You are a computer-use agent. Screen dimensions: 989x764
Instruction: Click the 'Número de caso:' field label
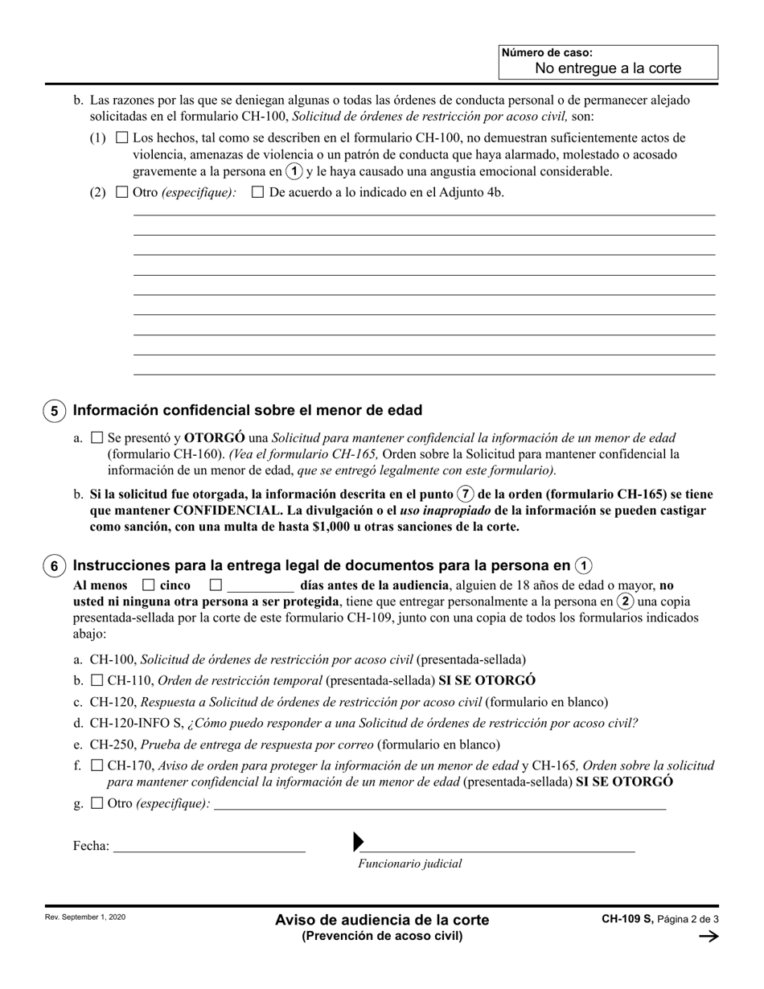click(x=547, y=53)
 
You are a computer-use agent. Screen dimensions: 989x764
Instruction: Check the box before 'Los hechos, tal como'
click(x=122, y=137)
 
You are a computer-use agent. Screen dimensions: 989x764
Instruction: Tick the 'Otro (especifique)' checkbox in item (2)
click(x=122, y=192)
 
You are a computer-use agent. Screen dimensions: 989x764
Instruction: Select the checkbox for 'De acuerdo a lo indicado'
click(x=258, y=192)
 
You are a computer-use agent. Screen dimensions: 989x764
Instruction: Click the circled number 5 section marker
click(x=54, y=412)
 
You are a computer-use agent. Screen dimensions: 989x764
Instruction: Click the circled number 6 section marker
click(x=54, y=566)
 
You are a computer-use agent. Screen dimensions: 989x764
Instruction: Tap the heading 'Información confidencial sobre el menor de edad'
click(x=248, y=410)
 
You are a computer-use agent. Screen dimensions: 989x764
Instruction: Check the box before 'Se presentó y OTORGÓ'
click(x=97, y=438)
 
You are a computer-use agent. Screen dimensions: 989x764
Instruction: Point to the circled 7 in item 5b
click(x=464, y=494)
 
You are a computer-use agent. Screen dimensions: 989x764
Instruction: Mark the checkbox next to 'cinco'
click(x=148, y=585)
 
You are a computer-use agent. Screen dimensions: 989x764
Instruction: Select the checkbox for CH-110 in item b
click(x=97, y=680)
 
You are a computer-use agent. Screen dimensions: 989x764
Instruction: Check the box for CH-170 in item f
click(x=97, y=765)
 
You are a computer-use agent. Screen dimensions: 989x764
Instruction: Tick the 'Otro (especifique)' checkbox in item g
click(x=97, y=802)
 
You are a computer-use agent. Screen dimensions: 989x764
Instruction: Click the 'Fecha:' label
click(x=91, y=846)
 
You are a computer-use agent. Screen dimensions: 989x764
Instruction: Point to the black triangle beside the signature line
click(x=359, y=842)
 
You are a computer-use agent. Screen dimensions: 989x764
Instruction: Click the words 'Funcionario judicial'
click(x=410, y=864)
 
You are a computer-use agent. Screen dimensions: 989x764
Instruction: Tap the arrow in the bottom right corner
click(x=709, y=936)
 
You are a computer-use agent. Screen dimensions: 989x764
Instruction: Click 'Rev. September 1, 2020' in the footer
click(x=84, y=917)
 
